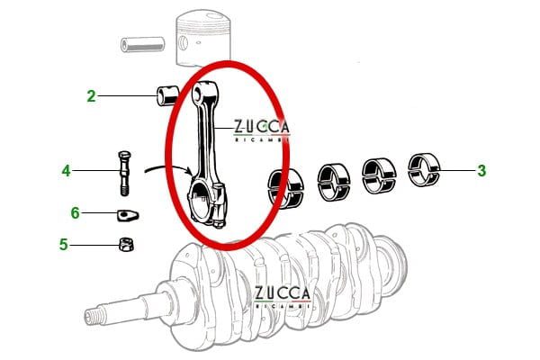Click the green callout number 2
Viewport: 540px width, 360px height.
point(91,94)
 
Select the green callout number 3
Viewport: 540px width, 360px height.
point(481,169)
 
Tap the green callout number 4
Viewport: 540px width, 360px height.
point(66,169)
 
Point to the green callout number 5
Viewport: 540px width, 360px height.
point(64,243)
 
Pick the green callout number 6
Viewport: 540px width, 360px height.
point(75,212)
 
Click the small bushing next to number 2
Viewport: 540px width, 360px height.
point(167,94)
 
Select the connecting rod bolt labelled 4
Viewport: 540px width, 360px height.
point(123,171)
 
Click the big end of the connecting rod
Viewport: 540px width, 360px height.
point(209,201)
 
